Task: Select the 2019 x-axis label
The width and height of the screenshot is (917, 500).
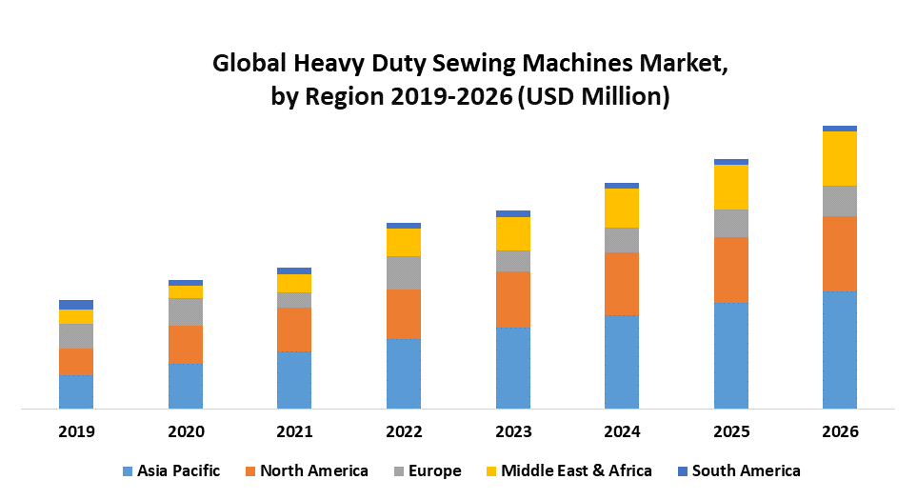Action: pyautogui.click(x=76, y=431)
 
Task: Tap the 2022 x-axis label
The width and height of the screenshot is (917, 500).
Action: pyautogui.click(x=404, y=431)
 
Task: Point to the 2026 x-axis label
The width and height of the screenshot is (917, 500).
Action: pyautogui.click(x=840, y=431)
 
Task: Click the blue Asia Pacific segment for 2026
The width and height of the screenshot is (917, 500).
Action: pyautogui.click(x=840, y=350)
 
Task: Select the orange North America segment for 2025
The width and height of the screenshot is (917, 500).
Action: pyautogui.click(x=731, y=270)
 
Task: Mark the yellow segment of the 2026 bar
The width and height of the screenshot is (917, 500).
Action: pyautogui.click(x=840, y=158)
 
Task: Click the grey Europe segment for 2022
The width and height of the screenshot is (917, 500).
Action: pyautogui.click(x=404, y=272)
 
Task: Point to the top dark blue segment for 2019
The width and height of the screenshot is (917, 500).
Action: pyautogui.click(x=76, y=305)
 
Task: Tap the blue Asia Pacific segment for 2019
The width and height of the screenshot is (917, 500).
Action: pyautogui.click(x=76, y=391)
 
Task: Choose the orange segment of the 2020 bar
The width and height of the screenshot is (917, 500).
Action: pyautogui.click(x=186, y=344)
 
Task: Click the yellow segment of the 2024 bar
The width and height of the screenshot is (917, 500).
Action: pyautogui.click(x=622, y=208)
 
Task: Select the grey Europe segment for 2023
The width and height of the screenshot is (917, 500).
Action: pyautogui.click(x=513, y=261)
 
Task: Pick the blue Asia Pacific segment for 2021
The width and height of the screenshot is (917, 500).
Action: pyautogui.click(x=294, y=380)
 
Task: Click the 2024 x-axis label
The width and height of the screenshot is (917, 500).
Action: pyautogui.click(x=622, y=431)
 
